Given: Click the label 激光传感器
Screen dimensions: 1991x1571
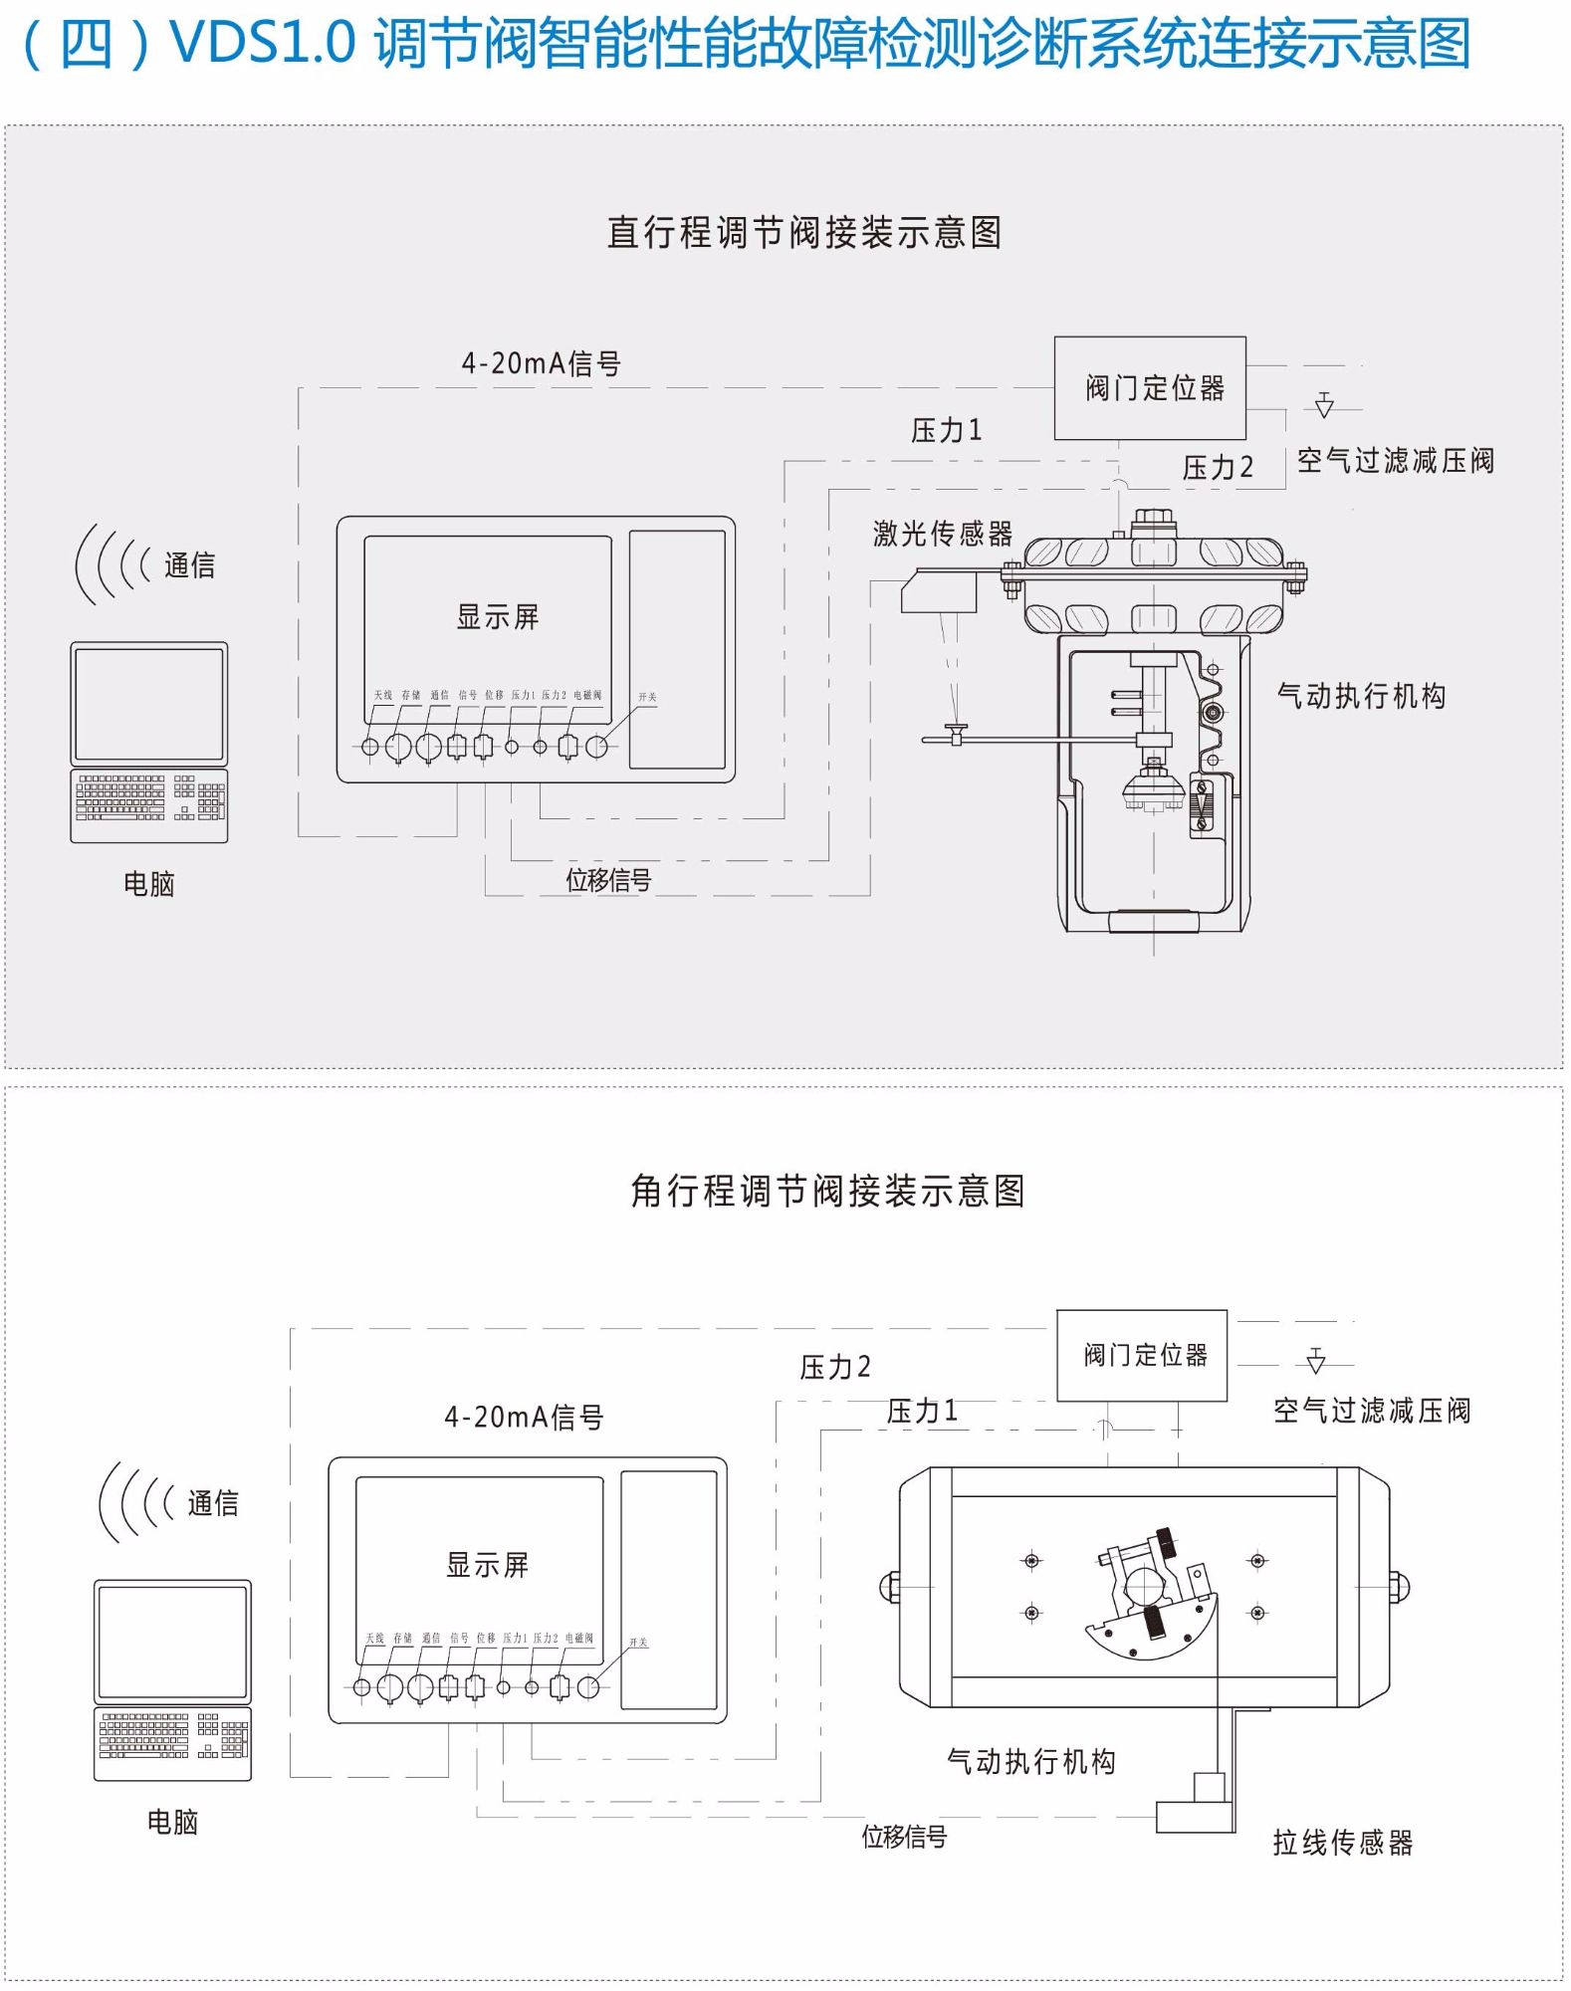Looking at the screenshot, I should click(942, 535).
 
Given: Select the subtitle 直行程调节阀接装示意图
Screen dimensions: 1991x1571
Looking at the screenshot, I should click(804, 233).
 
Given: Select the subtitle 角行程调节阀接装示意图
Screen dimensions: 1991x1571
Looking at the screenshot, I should click(827, 1191).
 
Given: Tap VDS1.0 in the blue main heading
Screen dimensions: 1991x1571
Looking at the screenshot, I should click(263, 44).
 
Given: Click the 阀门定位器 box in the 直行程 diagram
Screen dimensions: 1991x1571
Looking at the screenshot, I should click(1150, 388).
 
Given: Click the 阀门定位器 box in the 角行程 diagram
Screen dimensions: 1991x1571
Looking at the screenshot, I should click(1142, 1355).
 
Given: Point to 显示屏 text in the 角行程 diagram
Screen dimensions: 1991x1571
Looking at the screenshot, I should click(487, 1565).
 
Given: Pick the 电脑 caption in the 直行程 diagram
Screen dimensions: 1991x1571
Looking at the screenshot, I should click(149, 883).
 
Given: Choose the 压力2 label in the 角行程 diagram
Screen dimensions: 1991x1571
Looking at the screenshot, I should click(835, 1368).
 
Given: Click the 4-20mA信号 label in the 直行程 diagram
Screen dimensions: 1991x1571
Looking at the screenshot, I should click(541, 364).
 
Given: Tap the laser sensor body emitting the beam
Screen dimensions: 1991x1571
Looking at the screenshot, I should click(939, 594).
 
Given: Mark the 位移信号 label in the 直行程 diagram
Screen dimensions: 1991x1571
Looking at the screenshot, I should click(608, 880).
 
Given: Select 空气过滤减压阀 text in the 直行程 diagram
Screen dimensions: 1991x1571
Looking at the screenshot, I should click(1395, 461).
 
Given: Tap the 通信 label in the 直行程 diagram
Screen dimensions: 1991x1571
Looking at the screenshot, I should click(189, 565).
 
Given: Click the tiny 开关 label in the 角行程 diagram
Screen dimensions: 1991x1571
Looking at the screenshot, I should click(638, 1642).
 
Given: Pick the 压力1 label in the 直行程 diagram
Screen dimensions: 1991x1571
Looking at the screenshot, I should click(946, 430).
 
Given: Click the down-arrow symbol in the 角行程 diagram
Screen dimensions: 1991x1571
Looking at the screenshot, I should click(1316, 1361).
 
